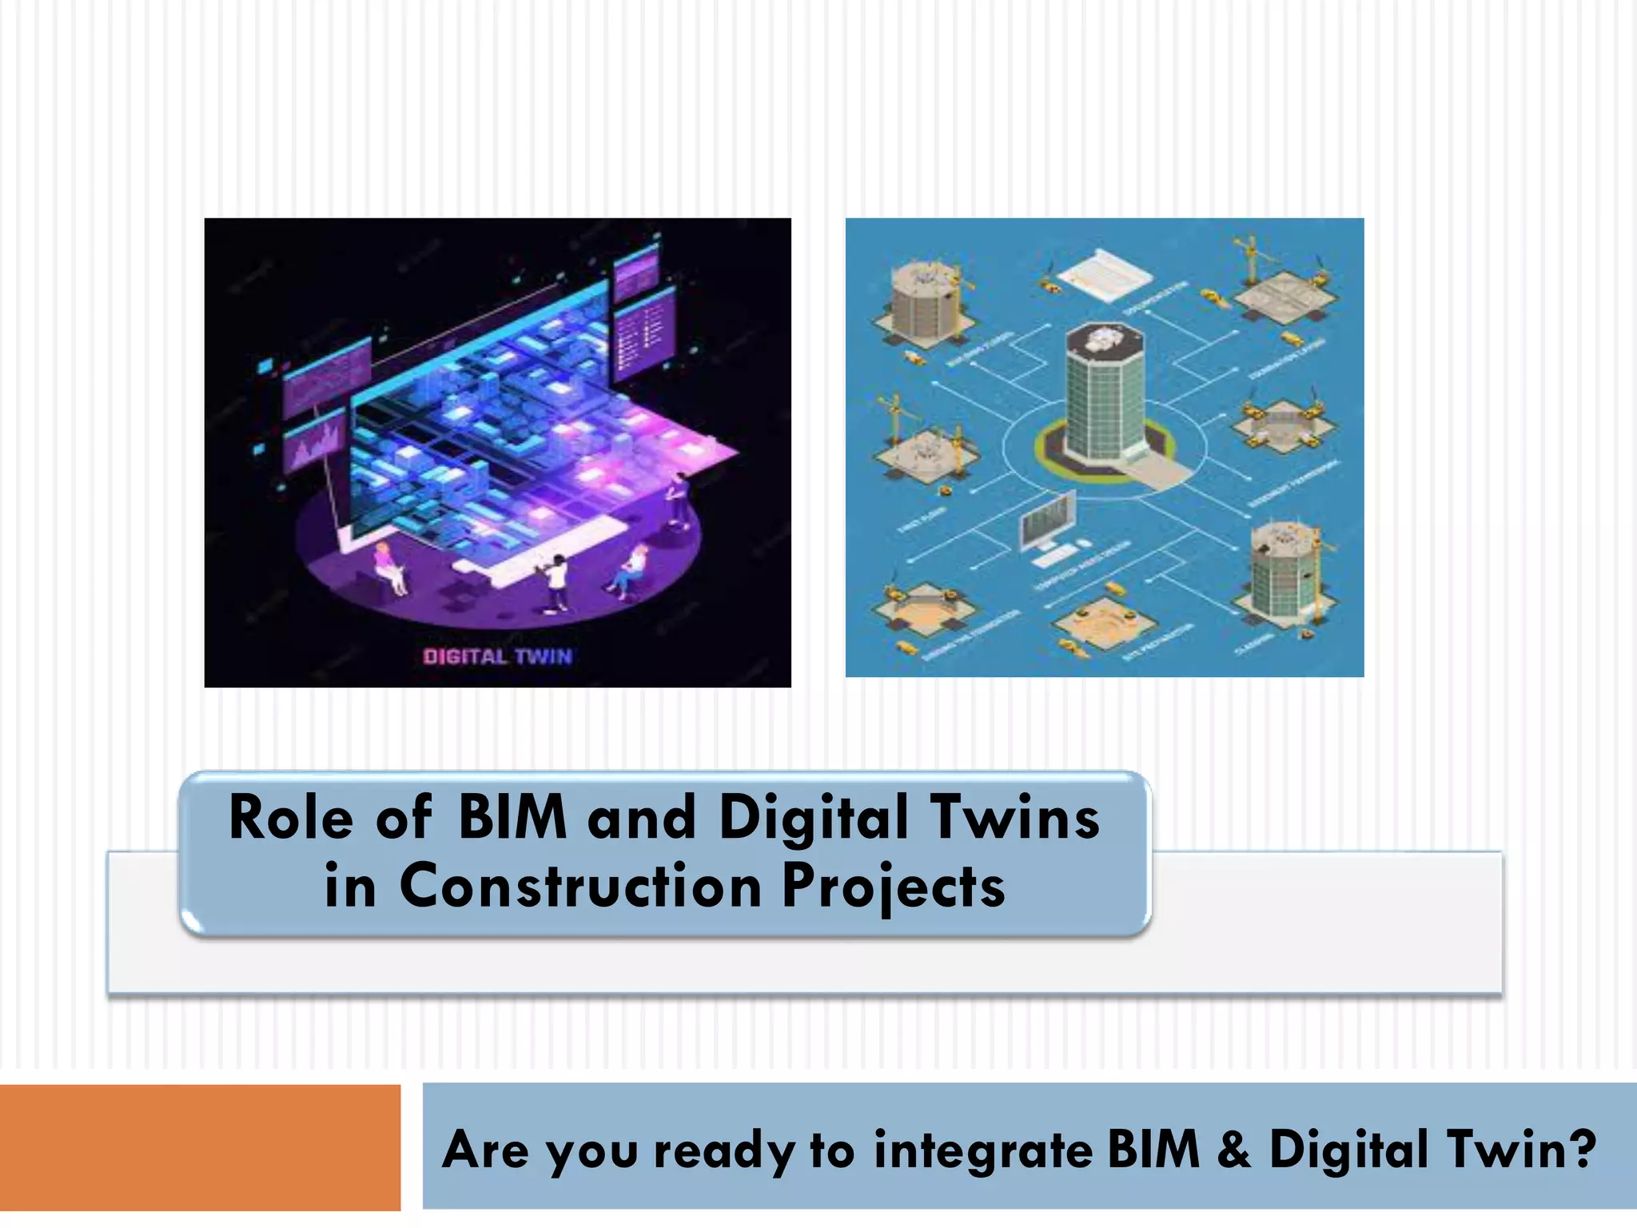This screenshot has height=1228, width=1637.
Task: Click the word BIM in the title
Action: [x=512, y=818]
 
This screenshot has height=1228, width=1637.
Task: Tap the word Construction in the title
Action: [x=580, y=887]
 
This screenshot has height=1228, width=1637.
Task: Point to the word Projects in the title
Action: [x=893, y=887]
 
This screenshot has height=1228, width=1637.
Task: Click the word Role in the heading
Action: [x=290, y=818]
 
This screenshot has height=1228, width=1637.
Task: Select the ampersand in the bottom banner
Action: [x=1234, y=1149]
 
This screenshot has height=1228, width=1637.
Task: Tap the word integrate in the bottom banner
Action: [x=982, y=1150]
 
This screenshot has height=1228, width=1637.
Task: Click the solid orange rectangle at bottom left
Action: [x=200, y=1146]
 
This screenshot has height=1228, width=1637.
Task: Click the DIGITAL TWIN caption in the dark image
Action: [x=497, y=656]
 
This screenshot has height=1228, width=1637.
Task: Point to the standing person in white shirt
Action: [x=556, y=582]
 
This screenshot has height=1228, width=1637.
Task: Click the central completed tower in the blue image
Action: [x=1105, y=396]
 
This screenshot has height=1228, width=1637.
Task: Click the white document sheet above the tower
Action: [x=1104, y=273]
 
